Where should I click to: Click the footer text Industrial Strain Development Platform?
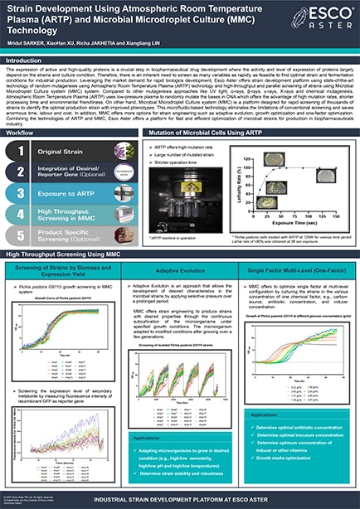[180, 500]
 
